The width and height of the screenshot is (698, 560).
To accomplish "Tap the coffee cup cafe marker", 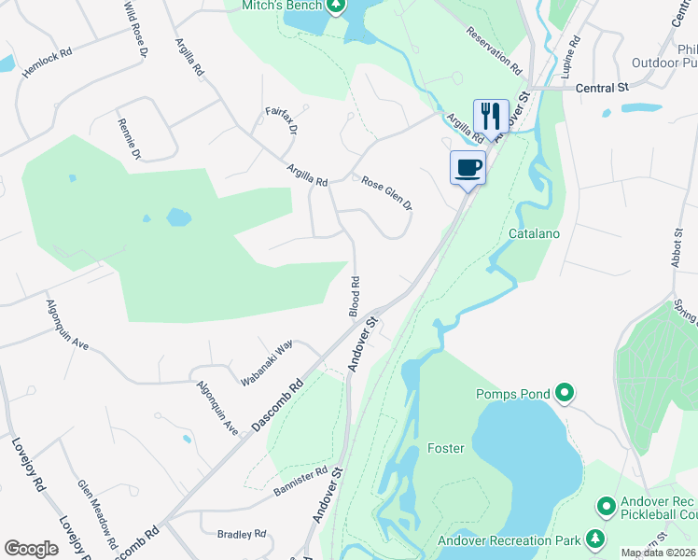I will [468, 168].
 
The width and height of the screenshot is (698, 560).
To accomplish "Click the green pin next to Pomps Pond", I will [564, 393].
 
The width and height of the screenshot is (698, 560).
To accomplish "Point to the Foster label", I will [445, 449].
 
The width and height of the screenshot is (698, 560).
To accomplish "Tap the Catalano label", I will [534, 233].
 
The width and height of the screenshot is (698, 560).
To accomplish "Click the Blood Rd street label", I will [355, 296].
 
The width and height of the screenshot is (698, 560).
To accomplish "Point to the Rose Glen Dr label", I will [387, 193].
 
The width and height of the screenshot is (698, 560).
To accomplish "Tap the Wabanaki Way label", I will [267, 363].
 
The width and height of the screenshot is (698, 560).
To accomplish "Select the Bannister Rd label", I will [300, 480].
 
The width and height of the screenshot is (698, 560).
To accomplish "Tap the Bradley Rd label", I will [241, 535].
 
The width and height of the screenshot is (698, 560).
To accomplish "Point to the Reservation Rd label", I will [495, 50].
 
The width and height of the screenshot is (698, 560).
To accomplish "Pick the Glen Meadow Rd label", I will [97, 513].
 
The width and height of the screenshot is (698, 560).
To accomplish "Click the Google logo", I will [31, 548].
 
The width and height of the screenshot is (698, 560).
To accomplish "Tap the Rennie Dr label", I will [129, 139].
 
